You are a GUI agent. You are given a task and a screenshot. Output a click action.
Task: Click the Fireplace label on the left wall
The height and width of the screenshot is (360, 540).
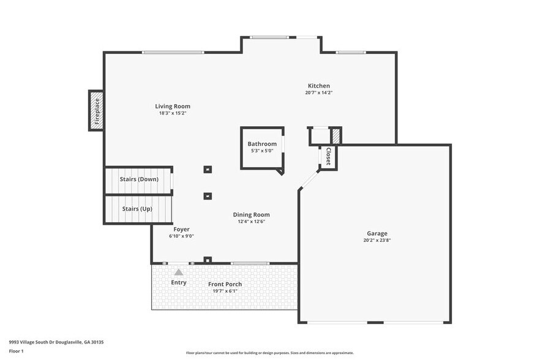pos(96,110)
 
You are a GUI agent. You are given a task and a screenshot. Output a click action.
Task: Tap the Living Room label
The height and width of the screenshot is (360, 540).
pos(172,106)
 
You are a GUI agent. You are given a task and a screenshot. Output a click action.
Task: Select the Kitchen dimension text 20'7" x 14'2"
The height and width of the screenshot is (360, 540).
pos(318,93)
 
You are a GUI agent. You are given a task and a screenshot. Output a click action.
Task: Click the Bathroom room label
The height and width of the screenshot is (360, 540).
pos(262,144)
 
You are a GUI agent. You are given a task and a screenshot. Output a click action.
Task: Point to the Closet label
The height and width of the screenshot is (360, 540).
pos(328,156)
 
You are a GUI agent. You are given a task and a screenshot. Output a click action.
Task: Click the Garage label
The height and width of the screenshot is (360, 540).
pos(377,233)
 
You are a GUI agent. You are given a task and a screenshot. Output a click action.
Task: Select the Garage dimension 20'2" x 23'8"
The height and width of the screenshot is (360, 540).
pos(377,241)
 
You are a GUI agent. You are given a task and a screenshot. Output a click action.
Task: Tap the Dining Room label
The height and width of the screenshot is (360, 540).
pos(251,214)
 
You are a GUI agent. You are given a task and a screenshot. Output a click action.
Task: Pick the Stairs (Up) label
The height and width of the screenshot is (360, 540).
pos(137,209)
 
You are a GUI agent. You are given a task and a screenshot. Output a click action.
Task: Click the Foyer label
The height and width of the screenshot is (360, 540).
pos(181,229)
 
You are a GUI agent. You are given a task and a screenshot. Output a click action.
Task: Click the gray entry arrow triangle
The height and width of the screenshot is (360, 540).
pos(178,272)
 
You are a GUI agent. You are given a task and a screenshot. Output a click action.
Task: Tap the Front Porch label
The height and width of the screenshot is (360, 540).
pos(225,284)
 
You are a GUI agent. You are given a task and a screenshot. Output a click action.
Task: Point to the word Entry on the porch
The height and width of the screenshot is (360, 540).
pos(179,282)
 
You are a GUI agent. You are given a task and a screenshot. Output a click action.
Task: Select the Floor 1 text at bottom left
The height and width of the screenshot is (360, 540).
pos(17,351)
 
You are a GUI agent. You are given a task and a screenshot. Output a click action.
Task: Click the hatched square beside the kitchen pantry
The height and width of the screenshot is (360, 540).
pos(336,135)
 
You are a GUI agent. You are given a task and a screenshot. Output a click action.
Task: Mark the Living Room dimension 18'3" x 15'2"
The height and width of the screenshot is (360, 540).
pos(172,113)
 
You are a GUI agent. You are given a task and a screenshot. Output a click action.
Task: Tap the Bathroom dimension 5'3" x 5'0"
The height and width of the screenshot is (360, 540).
pos(262,151)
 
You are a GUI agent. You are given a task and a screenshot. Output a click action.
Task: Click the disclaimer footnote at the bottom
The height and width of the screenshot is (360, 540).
pos(269,353)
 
